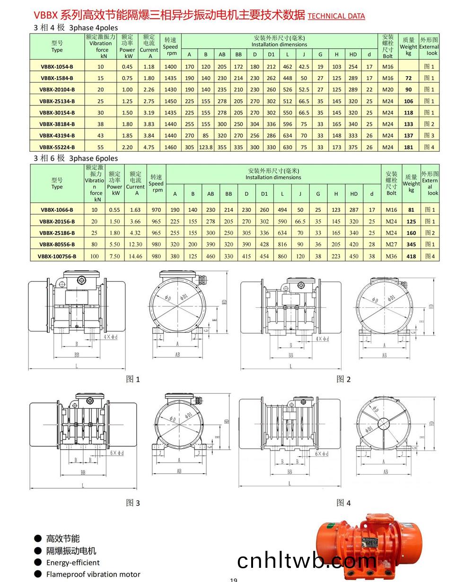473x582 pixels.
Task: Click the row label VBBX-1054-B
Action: pyautogui.click(x=57, y=67)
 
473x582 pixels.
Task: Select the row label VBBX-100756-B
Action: pyautogui.click(x=57, y=256)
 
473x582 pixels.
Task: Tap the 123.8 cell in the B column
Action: pyautogui.click(x=206, y=147)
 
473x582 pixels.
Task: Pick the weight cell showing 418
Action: pyautogui.click(x=411, y=256)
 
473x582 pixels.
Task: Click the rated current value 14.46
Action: pyautogui.click(x=135, y=256)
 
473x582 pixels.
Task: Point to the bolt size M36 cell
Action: pyautogui.click(x=391, y=256)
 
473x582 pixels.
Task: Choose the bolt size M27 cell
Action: pyautogui.click(x=391, y=244)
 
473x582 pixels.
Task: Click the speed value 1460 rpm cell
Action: pyautogui.click(x=170, y=147)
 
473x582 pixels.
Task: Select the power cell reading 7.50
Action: pyautogui.click(x=114, y=256)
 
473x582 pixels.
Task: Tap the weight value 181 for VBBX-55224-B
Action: pyautogui.click(x=409, y=147)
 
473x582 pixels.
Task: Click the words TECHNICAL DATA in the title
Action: pyautogui.click(x=336, y=16)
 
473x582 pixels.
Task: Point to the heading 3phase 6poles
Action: pyautogui.click(x=93, y=158)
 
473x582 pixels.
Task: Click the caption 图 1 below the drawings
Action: pyautogui.click(x=133, y=379)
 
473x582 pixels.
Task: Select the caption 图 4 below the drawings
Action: pyautogui.click(x=343, y=503)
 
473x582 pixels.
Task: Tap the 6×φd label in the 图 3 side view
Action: pyautogui.click(x=116, y=453)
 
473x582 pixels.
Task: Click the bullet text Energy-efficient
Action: pyautogui.click(x=73, y=563)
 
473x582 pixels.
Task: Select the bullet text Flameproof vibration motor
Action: pyautogui.click(x=93, y=574)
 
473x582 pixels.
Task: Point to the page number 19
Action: pyautogui.click(x=233, y=580)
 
